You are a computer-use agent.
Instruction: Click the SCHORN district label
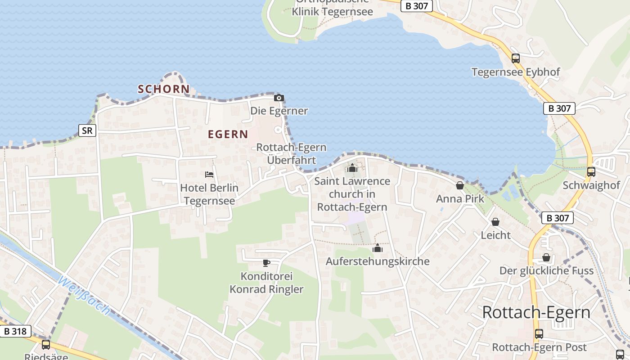(x=164, y=89)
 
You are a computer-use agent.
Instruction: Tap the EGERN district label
(x=228, y=134)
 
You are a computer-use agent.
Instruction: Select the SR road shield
(x=87, y=130)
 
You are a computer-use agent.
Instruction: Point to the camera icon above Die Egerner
(x=279, y=98)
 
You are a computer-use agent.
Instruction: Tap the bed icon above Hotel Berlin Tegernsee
(x=209, y=174)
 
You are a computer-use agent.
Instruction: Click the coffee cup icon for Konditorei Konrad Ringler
(x=266, y=263)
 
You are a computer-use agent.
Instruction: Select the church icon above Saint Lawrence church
(x=352, y=168)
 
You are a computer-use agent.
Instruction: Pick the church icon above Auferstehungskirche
(x=378, y=248)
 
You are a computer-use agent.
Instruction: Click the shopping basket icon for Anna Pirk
(x=460, y=185)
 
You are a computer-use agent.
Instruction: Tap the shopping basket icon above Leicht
(x=495, y=222)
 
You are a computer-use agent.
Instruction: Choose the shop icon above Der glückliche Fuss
(x=546, y=257)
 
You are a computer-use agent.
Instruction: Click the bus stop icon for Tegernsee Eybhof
(x=516, y=58)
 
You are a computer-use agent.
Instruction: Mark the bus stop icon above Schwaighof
(x=591, y=171)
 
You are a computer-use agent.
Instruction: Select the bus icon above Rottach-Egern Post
(x=539, y=334)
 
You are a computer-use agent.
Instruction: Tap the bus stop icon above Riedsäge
(x=46, y=345)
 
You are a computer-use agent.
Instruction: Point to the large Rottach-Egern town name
(x=536, y=312)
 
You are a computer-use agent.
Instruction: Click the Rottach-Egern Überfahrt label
(x=291, y=153)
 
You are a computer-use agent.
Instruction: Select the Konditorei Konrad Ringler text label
(x=266, y=283)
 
